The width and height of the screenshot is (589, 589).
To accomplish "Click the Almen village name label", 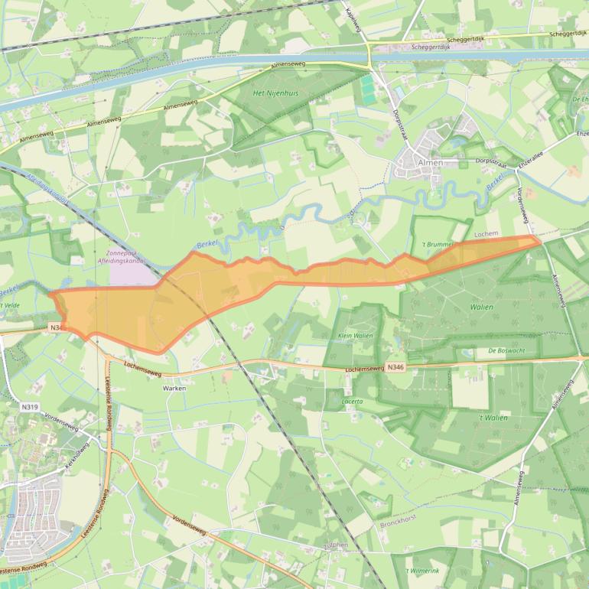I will [x=430, y=163].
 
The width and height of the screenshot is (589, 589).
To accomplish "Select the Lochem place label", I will [x=486, y=233].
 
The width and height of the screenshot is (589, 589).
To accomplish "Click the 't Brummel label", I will [x=438, y=244].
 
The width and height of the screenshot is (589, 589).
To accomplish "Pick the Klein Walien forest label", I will [x=355, y=335].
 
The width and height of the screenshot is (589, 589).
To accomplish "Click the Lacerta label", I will [x=353, y=401].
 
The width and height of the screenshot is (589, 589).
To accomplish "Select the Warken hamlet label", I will [x=174, y=388].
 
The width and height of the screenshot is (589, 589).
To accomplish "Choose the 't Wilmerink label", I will [x=423, y=571].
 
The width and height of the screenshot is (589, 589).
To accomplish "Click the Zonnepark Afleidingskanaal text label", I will [x=127, y=256].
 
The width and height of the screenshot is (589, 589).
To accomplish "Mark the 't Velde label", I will [x=11, y=304].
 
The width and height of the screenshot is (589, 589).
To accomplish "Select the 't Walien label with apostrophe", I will [x=493, y=418].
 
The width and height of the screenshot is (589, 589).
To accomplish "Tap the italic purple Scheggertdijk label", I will [x=433, y=46].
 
